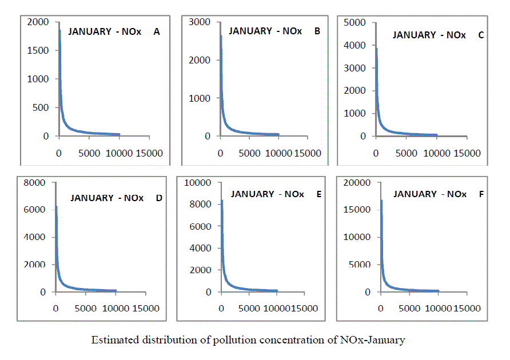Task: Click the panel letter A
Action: (x=156, y=32)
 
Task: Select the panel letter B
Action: (x=317, y=31)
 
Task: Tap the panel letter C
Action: (x=481, y=35)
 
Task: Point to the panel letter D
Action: (x=159, y=198)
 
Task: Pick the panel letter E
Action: (x=318, y=194)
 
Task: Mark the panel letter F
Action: (x=481, y=194)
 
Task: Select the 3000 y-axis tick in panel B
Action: (x=200, y=22)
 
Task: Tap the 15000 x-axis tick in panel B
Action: (x=308, y=153)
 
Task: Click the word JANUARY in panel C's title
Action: (x=415, y=35)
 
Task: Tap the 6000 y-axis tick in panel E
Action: (x=200, y=226)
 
